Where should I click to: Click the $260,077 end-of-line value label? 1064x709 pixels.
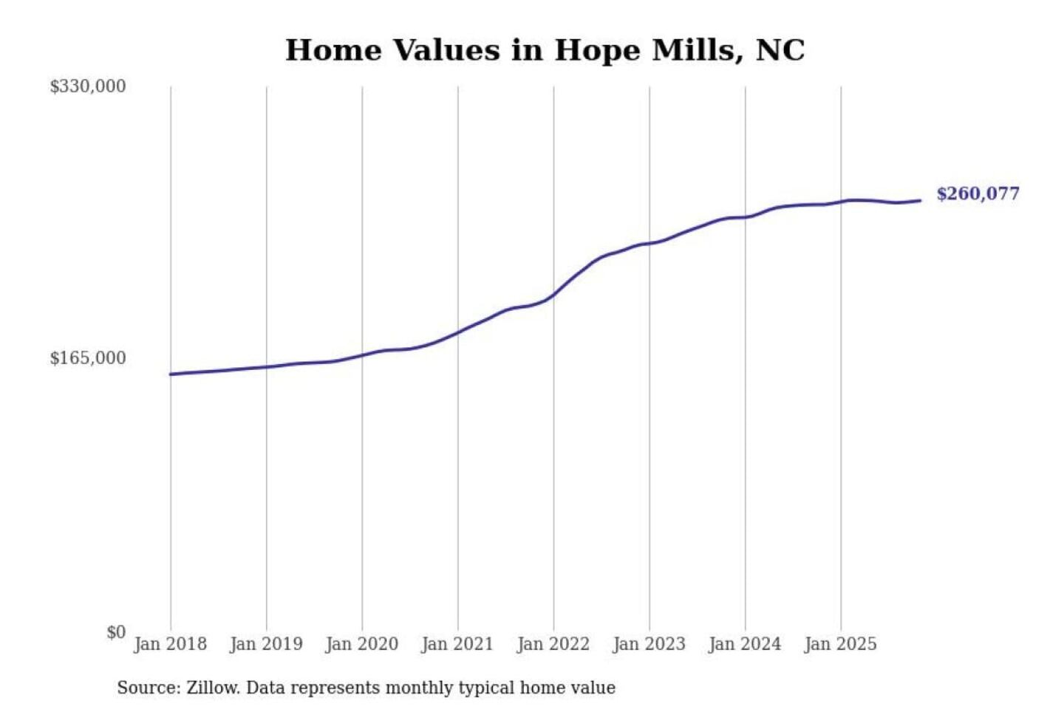tap(977, 193)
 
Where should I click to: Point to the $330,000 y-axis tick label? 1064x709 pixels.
tap(88, 86)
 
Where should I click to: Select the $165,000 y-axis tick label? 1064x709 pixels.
tap(88, 358)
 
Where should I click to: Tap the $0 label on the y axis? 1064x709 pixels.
tap(116, 632)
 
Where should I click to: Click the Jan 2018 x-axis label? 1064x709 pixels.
tap(170, 644)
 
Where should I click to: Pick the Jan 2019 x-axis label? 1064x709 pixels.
tap(266, 644)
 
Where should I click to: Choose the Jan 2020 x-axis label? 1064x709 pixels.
tap(361, 644)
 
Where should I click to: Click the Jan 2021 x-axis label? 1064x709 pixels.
tap(457, 644)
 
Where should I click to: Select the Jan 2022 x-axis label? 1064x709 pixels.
tap(553, 644)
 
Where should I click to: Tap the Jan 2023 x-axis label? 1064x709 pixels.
tap(649, 644)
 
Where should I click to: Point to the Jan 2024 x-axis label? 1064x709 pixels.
tap(745, 644)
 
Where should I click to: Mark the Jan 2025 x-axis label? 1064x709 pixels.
tap(840, 644)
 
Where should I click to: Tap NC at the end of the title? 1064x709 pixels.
tap(780, 50)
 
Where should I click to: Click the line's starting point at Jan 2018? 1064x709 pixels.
tap(171, 374)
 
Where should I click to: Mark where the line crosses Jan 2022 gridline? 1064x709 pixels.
tap(553, 295)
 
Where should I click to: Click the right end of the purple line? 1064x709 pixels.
tap(920, 200)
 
